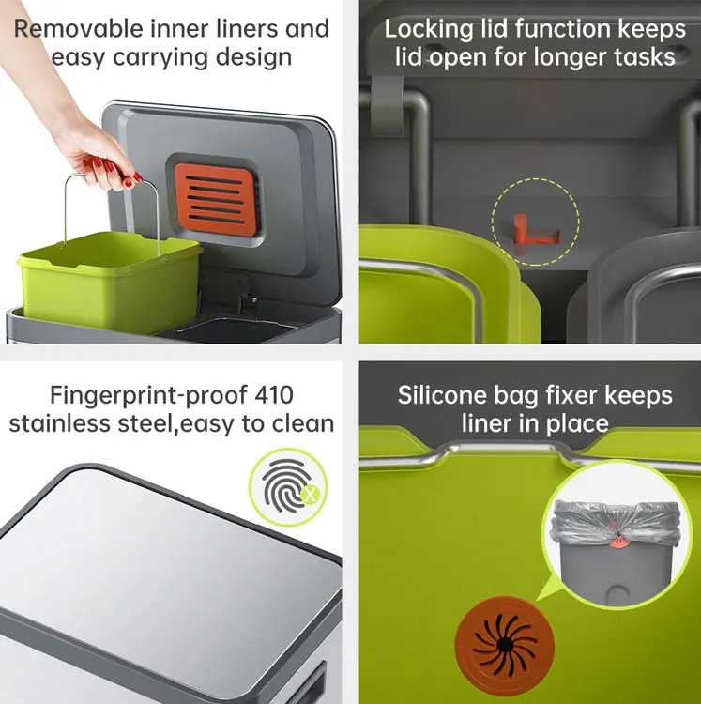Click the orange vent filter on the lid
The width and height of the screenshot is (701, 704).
pyautogui.click(x=217, y=199)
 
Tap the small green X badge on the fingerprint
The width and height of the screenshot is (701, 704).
pyautogui.click(x=311, y=496)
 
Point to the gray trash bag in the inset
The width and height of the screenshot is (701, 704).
pyautogui.click(x=616, y=524)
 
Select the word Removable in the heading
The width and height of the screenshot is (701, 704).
pyautogui.click(x=79, y=29)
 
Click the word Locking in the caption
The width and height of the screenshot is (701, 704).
pyautogui.click(x=429, y=30)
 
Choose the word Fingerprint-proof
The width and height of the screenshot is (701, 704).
pyautogui.click(x=148, y=396)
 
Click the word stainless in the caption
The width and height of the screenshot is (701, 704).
pyautogui.click(x=59, y=424)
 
